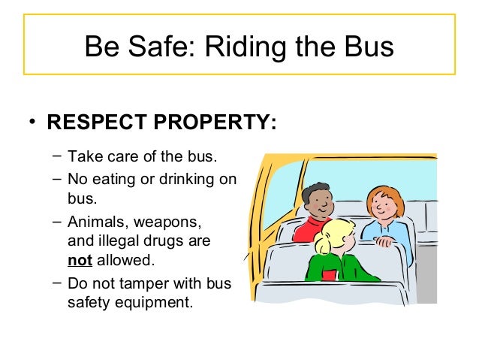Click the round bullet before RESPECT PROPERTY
point(32,123)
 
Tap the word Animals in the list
point(95,222)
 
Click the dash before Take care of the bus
point(58,156)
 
